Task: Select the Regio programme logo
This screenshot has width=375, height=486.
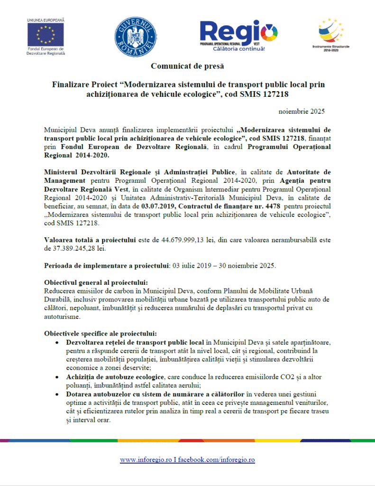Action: (x=238, y=33)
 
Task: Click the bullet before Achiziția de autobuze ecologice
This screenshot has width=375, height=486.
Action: (x=57, y=376)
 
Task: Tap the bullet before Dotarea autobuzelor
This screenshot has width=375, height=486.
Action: (x=57, y=394)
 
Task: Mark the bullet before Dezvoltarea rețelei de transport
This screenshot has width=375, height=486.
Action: (x=57, y=342)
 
